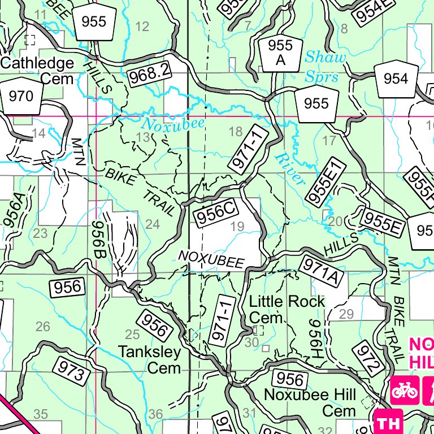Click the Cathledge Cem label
pos(37,71)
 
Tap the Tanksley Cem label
pos(150,360)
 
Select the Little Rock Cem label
pos(287,309)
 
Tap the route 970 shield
pos(21,96)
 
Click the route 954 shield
pos(395,79)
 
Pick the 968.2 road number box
pos(150,75)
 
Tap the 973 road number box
pos(72,370)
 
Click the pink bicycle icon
pos(404,390)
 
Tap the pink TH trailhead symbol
pos(388,422)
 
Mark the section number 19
pos(237,227)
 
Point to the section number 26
pos(42,326)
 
